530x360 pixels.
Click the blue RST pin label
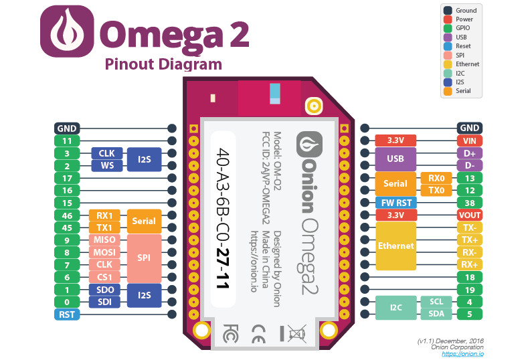coord(67,314)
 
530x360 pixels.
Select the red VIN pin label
coord(470,141)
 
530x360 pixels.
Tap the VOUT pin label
coord(470,215)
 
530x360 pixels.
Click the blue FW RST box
coord(396,203)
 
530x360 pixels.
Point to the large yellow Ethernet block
coord(395,246)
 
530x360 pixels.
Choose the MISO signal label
coord(104,240)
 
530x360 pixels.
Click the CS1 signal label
coord(104,277)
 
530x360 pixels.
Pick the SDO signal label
coord(104,290)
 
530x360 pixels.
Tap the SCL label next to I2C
coord(436,302)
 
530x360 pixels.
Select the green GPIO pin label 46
coord(67,215)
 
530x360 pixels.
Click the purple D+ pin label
coord(470,153)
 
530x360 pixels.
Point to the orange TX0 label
coord(436,190)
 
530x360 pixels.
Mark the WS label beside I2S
coord(107,166)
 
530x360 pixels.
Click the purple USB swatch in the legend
coord(448,37)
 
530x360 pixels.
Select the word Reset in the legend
coord(463,46)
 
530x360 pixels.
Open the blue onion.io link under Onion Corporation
coord(462,354)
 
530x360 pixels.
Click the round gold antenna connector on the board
coord(314,106)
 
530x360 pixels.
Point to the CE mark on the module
coord(258,334)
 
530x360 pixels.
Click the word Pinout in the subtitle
coord(129,64)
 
